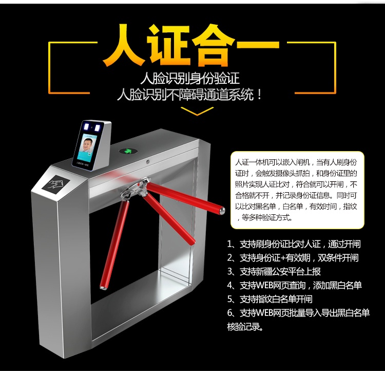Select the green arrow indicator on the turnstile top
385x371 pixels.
[125, 152]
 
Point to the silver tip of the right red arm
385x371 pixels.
[221, 210]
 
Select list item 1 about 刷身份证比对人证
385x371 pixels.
[293, 245]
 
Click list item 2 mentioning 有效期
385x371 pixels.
[293, 258]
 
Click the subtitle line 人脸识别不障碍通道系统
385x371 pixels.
[190, 95]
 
